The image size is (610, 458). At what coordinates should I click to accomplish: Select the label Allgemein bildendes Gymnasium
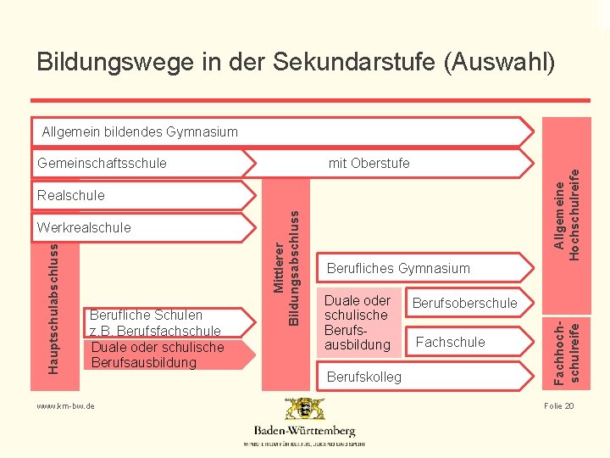[x=140, y=131]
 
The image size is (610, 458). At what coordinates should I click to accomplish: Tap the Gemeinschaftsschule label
[x=102, y=163]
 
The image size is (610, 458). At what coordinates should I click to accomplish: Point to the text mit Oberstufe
[x=369, y=163]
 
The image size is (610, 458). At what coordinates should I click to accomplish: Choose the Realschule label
[x=71, y=195]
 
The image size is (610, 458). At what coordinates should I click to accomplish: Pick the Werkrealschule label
[x=84, y=227]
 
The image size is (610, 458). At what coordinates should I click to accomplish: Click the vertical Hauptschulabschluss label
[x=54, y=307]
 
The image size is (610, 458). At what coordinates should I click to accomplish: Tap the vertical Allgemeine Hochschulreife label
[x=566, y=216]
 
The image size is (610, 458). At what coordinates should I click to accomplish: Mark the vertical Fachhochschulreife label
[x=566, y=347]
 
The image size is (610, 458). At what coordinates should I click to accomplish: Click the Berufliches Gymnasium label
[x=397, y=269]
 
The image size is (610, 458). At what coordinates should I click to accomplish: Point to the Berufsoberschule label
[x=464, y=303]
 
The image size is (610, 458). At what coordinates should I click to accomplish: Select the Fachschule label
[x=451, y=342]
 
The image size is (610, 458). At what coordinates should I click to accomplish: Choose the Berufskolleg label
[x=363, y=377]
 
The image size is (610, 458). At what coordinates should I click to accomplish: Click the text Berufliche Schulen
[x=146, y=316]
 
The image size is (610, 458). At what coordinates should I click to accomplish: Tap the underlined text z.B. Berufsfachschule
[x=155, y=331]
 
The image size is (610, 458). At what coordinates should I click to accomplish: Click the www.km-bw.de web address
[x=65, y=406]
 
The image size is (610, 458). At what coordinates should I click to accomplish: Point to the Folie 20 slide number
[x=559, y=406]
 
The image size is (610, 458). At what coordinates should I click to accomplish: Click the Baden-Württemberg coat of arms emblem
[x=304, y=410]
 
